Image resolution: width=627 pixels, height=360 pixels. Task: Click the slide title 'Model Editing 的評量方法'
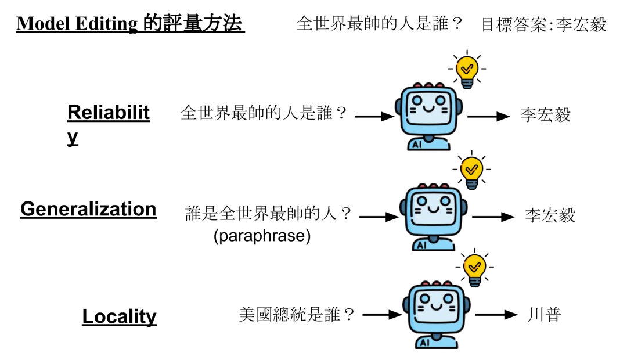click(x=131, y=24)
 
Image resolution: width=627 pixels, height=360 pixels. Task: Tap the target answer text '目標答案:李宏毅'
click(x=543, y=24)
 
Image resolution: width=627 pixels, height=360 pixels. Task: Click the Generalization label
click(x=88, y=209)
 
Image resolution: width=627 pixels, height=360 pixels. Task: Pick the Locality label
click(x=119, y=316)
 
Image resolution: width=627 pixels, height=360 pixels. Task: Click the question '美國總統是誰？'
click(x=297, y=315)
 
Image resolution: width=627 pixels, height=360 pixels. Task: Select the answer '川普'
click(x=545, y=315)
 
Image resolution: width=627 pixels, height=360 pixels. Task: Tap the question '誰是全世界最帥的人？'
click(x=269, y=214)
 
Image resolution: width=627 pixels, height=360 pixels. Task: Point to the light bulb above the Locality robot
click(x=475, y=269)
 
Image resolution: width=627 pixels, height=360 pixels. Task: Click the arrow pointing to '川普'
click(x=496, y=315)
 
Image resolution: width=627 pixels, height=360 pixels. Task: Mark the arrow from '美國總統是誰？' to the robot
click(x=381, y=315)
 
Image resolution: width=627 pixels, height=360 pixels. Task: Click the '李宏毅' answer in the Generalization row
click(x=550, y=215)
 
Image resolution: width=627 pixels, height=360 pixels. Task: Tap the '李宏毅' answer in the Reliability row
click(x=545, y=115)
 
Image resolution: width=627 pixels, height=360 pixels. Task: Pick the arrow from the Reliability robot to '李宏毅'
click(x=488, y=116)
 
